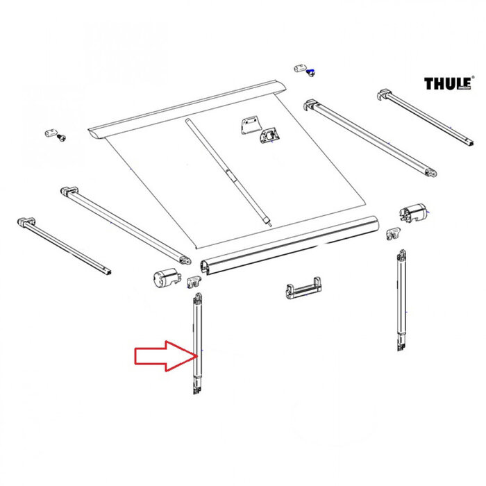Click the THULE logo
click(x=449, y=84)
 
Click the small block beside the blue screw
click(x=300, y=68)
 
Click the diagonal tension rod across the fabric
click(x=227, y=170)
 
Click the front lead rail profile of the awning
click(x=288, y=244)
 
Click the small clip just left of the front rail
click(x=195, y=280)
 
